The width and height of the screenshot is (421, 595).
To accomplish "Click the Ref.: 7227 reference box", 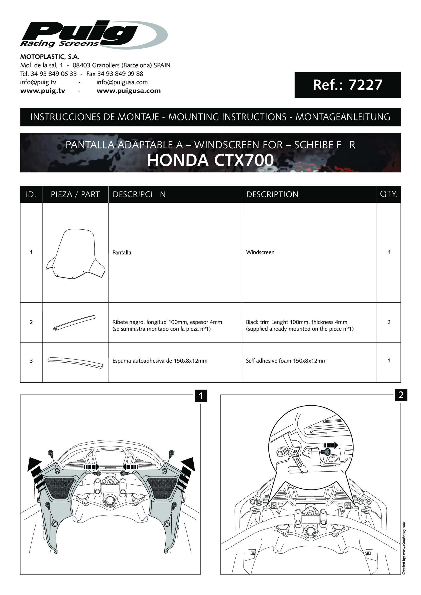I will tap(347, 85).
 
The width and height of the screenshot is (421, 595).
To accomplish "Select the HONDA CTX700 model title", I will tap(210, 160).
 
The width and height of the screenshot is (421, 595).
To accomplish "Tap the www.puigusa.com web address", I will tap(129, 91).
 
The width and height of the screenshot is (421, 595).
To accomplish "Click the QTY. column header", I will tap(388, 194).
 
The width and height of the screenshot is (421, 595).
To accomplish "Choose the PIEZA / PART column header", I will tap(75, 194).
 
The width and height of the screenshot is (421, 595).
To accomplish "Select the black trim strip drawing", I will tap(74, 323).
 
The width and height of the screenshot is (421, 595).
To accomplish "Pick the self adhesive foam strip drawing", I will tap(75, 362).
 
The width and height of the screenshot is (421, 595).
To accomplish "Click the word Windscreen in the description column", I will tap(260, 252).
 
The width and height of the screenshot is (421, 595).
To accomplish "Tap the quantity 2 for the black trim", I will tap(389, 322).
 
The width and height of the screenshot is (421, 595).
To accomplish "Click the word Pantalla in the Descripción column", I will tap(122, 253).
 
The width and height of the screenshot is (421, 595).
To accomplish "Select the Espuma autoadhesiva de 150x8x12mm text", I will tap(160, 361).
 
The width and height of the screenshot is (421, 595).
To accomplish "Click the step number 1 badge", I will tap(201, 396).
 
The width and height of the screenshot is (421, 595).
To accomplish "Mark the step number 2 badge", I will tap(401, 395).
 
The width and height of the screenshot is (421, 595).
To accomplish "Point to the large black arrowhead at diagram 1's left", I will tap(34, 464).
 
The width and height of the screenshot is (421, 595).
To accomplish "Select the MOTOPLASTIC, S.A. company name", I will tap(50, 57).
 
